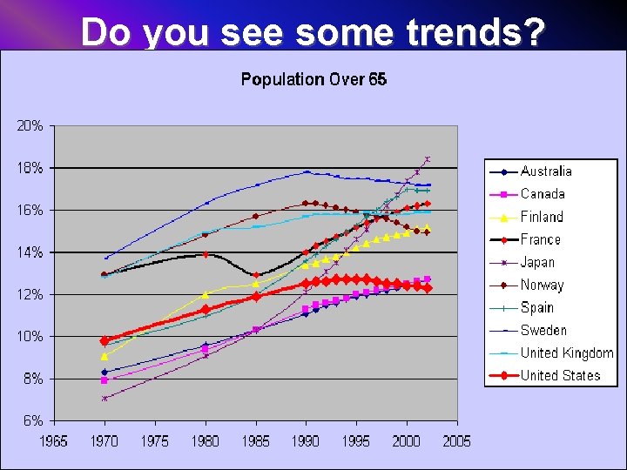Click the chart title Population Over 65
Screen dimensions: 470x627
pyautogui.click(x=313, y=79)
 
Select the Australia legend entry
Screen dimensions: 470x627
pyautogui.click(x=546, y=171)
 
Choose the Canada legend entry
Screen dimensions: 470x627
pyautogui.click(x=543, y=194)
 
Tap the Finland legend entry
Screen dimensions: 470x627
pyautogui.click(x=542, y=217)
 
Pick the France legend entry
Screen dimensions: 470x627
pyautogui.click(x=541, y=239)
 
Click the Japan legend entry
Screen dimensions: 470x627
pyautogui.click(x=537, y=262)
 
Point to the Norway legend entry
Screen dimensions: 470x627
pyautogui.click(x=542, y=285)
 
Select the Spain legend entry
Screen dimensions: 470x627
pyautogui.click(x=537, y=307)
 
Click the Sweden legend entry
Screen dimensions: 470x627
pyautogui.click(x=543, y=330)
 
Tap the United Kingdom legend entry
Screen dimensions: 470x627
pyautogui.click(x=566, y=352)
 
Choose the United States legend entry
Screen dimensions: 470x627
pyautogui.click(x=560, y=375)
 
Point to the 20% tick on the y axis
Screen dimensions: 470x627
pyautogui.click(x=30, y=125)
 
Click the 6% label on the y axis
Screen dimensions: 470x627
pyautogui.click(x=33, y=420)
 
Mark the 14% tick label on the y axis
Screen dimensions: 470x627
pyautogui.click(x=30, y=252)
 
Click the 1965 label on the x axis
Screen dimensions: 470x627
pyautogui.click(x=55, y=440)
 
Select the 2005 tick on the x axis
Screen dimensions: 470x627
pyautogui.click(x=456, y=440)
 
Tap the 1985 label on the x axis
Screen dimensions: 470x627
pyautogui.click(x=255, y=440)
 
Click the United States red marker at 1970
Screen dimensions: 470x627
pyautogui.click(x=104, y=341)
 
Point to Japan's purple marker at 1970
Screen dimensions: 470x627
pyautogui.click(x=104, y=398)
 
